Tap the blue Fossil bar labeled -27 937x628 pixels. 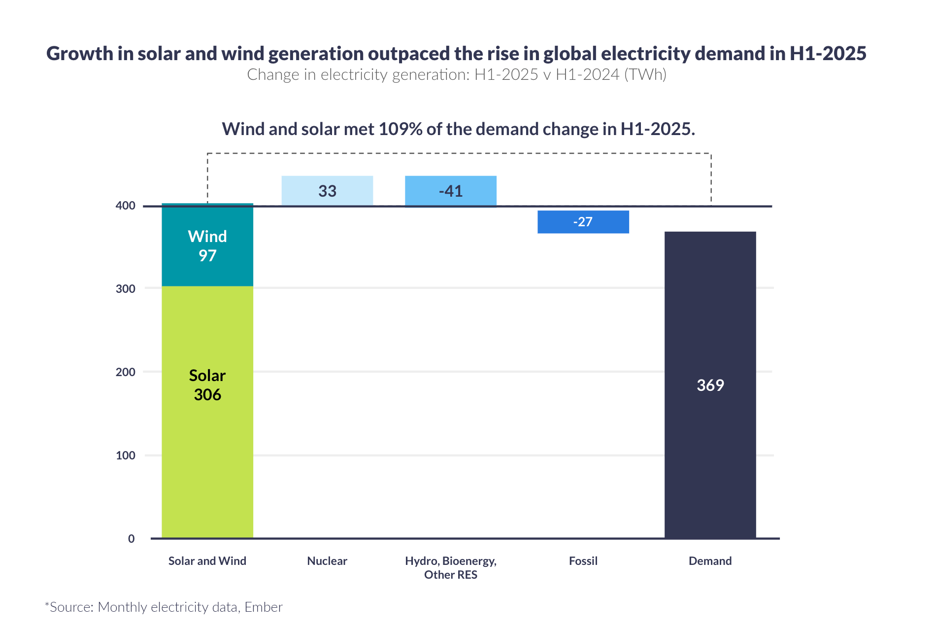(x=583, y=222)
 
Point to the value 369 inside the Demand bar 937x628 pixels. (x=710, y=385)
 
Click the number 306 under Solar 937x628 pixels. (x=207, y=395)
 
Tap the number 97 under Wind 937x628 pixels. (x=207, y=256)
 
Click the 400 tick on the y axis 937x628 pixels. (x=125, y=206)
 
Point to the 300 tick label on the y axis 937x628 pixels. (x=125, y=289)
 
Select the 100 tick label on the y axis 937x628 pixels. (x=125, y=455)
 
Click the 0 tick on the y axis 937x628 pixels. (x=131, y=539)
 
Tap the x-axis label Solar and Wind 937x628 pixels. (x=207, y=561)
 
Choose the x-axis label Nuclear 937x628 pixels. (x=327, y=561)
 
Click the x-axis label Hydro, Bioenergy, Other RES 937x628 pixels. (x=450, y=567)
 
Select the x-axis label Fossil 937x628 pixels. (x=583, y=561)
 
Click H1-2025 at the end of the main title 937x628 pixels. (x=828, y=54)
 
